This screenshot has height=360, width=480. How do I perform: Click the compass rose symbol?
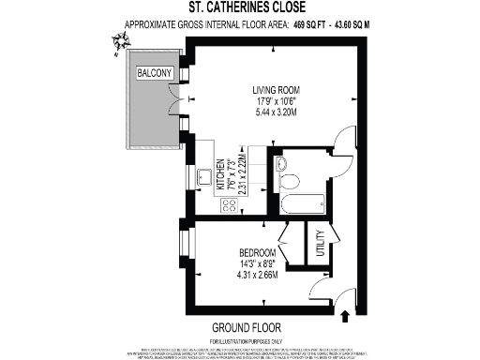click(x=119, y=41)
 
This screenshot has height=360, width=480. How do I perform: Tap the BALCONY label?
click(x=153, y=72)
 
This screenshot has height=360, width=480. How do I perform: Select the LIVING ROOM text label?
click(x=263, y=90)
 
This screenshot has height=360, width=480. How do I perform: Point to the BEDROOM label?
click(x=257, y=253)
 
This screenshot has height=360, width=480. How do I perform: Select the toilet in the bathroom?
click(x=289, y=178)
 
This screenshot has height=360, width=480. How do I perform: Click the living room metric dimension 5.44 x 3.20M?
click(x=263, y=112)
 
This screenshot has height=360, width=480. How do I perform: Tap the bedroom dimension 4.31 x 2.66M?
click(x=257, y=276)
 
